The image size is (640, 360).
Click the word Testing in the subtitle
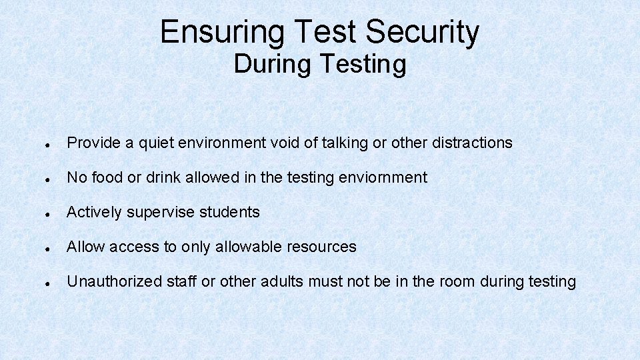pos(363,64)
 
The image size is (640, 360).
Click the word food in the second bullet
pos(108,177)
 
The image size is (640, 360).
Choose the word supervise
pos(160,212)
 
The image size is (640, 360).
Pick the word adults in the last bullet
pos(283,281)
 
